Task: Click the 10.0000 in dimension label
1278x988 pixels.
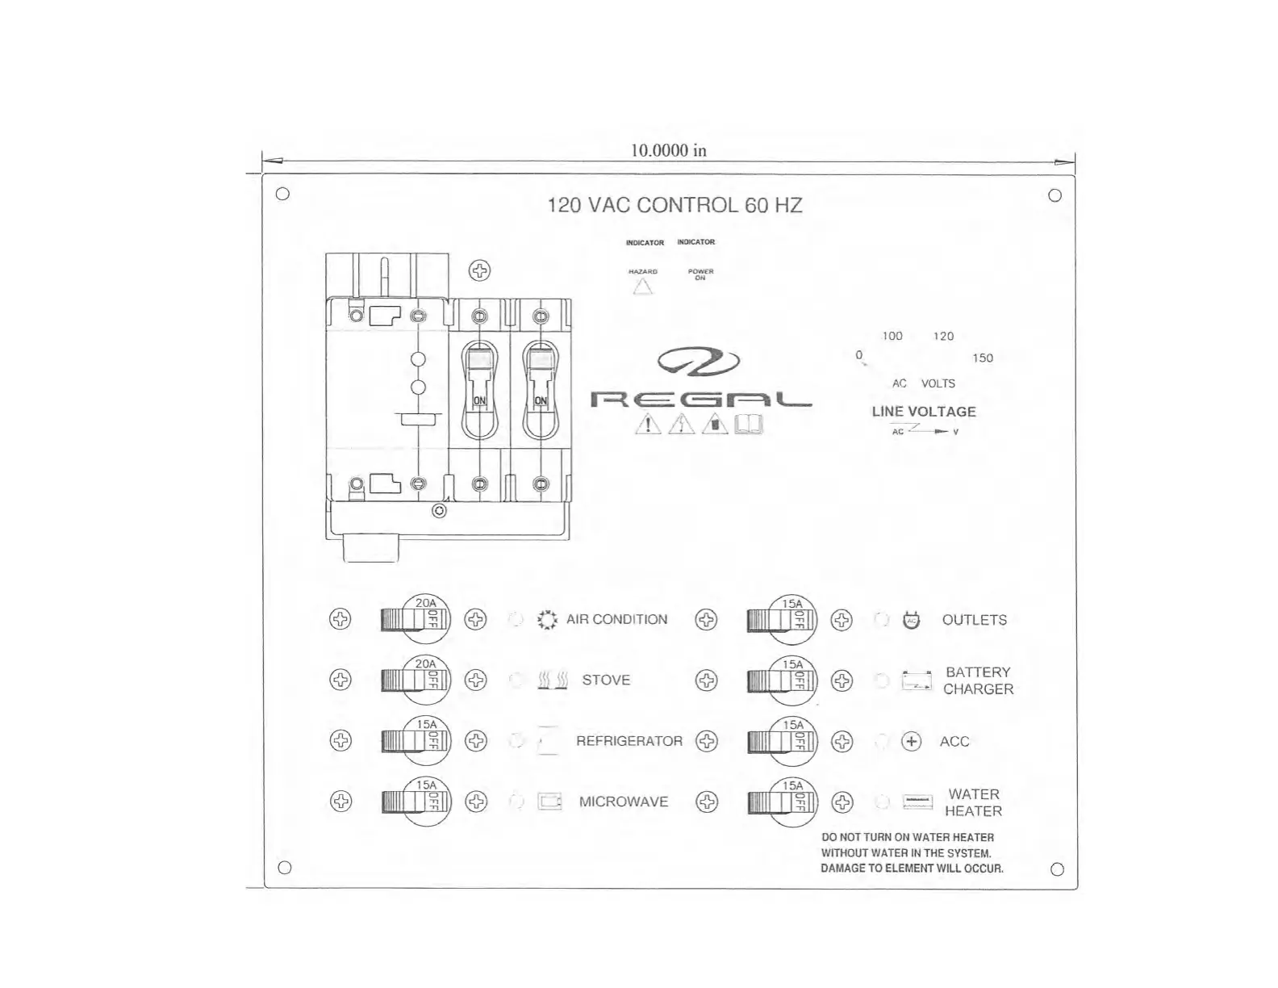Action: tap(668, 150)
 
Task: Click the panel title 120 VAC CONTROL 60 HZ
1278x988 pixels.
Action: tap(674, 205)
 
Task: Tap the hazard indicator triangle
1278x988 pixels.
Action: tap(643, 287)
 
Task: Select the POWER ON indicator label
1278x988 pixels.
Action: tap(700, 274)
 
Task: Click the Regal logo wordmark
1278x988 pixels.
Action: tap(700, 399)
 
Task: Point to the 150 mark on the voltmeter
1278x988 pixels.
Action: tap(982, 358)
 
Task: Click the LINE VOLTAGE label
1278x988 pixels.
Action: tap(924, 412)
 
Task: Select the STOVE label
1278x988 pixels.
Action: tap(606, 680)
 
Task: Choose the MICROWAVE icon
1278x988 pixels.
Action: tap(549, 802)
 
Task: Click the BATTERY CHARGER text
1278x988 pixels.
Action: tap(978, 680)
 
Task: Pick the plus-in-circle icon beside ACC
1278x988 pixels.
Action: tap(911, 741)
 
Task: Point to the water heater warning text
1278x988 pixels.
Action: tap(912, 853)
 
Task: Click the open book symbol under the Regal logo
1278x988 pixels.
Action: tap(748, 424)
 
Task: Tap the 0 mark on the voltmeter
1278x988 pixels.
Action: tap(858, 355)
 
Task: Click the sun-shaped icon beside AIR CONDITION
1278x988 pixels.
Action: tap(547, 620)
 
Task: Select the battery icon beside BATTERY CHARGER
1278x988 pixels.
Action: tap(917, 681)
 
